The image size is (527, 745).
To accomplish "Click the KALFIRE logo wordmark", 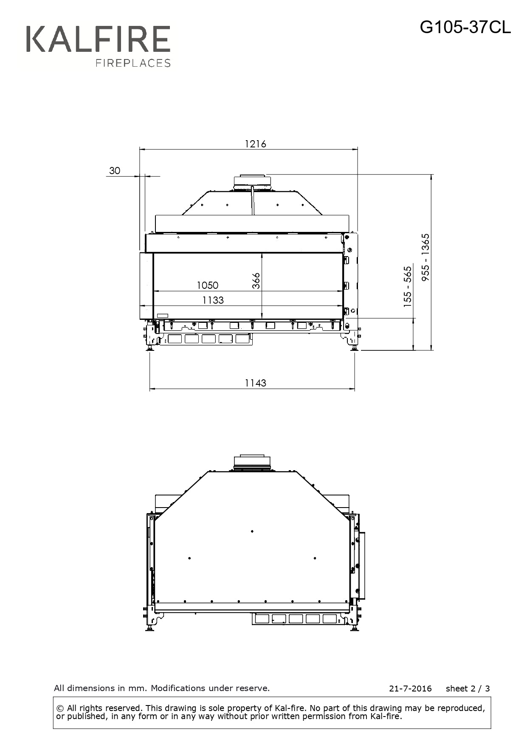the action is (98, 39).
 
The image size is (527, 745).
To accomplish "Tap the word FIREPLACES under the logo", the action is (133, 63).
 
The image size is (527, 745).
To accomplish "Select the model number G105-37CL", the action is (465, 28).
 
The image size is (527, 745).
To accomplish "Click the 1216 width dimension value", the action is (255, 144).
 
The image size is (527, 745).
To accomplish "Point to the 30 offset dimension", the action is (115, 171).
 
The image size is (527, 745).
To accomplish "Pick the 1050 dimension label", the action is (207, 285).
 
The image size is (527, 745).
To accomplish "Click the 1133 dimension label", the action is (213, 300).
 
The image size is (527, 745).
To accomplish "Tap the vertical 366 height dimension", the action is (256, 281).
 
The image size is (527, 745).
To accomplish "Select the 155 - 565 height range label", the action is (408, 287).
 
